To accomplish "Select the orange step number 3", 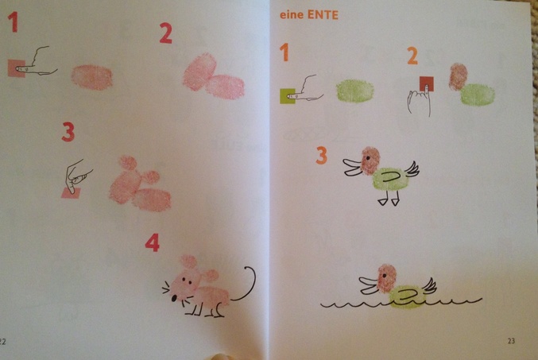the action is [x=322, y=156].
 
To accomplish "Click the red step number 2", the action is [x=165, y=33].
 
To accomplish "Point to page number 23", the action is [x=511, y=341].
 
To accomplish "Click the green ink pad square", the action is [x=288, y=96].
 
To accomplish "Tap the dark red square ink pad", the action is [x=427, y=83].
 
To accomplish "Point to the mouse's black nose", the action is [x=174, y=298].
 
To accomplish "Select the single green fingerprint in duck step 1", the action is [x=354, y=91].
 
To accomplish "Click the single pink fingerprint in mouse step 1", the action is [x=91, y=77].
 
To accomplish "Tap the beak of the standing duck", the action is [x=352, y=167].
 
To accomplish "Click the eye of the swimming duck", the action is [x=385, y=275].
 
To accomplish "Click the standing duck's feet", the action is [x=389, y=199].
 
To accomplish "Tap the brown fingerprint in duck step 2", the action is [x=459, y=77].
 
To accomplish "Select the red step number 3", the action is [x=68, y=132].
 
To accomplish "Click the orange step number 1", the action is [x=284, y=52].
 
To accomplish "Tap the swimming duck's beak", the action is [x=369, y=285].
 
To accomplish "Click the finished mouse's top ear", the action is [x=188, y=261].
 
